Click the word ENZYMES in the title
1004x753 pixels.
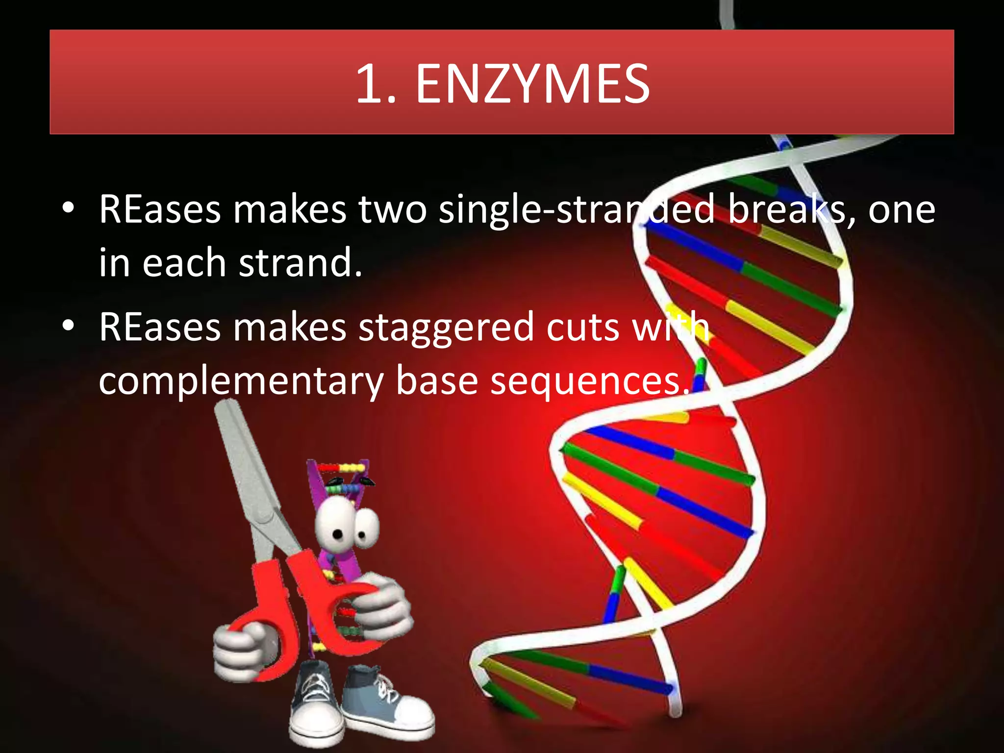coord(533,84)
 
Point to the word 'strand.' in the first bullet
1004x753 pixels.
coord(301,263)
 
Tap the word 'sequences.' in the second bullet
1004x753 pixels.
coord(590,381)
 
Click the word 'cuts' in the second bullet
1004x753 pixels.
coord(583,327)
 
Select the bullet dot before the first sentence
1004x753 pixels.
coord(69,208)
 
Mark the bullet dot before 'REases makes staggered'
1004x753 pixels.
coord(69,325)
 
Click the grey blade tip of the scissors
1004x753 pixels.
coord(226,409)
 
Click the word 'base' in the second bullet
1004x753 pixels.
coord(436,381)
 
